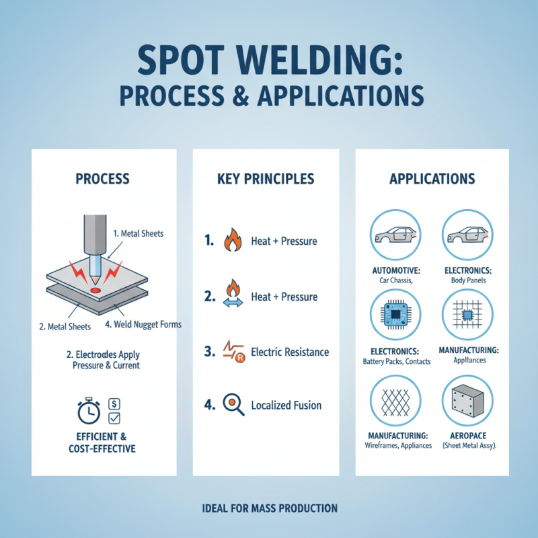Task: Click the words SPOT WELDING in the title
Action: click(268, 63)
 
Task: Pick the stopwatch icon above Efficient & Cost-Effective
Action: click(89, 411)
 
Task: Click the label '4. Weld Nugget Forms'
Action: click(143, 325)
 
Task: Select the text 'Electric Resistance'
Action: click(289, 351)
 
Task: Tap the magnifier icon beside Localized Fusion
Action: click(233, 405)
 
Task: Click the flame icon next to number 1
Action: click(232, 240)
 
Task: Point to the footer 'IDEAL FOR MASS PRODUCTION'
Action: click(269, 508)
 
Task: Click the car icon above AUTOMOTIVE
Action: click(395, 235)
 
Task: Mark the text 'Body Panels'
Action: click(469, 280)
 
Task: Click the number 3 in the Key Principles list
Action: click(208, 351)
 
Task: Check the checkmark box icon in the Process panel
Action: click(114, 418)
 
